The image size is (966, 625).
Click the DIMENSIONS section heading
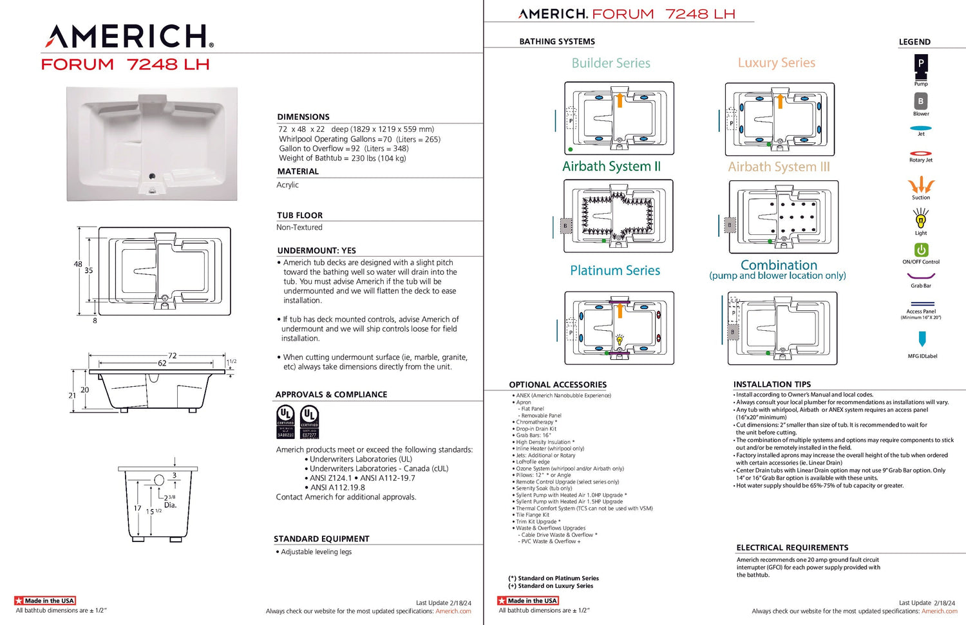coord(303,117)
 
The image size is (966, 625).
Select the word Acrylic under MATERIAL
coord(288,185)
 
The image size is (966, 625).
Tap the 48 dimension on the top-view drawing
coord(78,264)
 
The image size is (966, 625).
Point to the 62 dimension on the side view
coord(162,363)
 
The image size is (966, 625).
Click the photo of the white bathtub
coord(152,144)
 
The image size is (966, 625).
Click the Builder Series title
coord(611,63)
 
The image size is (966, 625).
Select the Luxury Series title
coord(776,62)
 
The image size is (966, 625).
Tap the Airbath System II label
coord(611,166)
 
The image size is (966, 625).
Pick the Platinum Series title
coord(614,270)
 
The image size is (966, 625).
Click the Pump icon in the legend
coord(921,66)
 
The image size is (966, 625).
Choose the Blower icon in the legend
coord(921,101)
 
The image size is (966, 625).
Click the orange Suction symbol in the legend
coord(921,185)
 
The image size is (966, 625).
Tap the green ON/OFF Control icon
coord(921,250)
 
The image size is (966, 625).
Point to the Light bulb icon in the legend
coord(921,219)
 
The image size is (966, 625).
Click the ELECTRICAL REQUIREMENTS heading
coord(792,548)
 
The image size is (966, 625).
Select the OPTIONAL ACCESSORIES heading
coord(558,384)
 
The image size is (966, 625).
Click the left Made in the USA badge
coord(45,601)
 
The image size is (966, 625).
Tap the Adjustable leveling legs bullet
coord(316,552)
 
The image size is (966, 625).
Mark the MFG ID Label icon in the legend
coord(922,339)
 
